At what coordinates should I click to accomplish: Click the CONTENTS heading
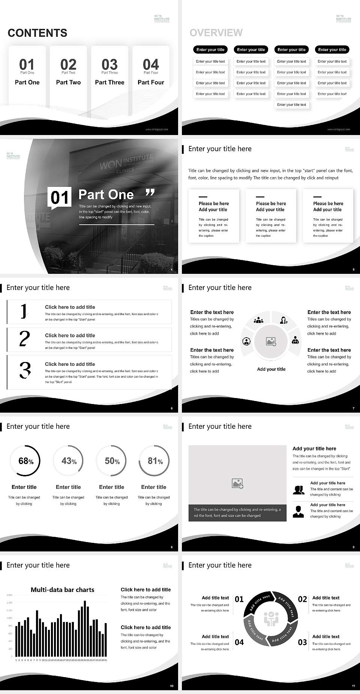(x=37, y=33)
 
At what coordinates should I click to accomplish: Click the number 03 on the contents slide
(x=109, y=64)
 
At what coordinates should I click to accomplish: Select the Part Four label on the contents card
(x=151, y=82)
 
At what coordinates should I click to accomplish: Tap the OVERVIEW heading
(x=216, y=33)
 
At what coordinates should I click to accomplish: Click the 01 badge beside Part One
(x=60, y=198)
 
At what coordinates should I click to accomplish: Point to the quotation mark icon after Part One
(x=150, y=193)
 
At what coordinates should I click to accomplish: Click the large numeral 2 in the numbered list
(x=24, y=339)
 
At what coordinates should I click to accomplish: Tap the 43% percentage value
(x=69, y=461)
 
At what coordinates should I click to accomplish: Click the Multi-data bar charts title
(x=62, y=590)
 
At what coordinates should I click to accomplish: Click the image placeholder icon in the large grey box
(x=237, y=484)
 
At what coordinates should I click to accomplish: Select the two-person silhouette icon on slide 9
(x=298, y=490)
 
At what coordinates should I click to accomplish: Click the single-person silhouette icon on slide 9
(x=298, y=512)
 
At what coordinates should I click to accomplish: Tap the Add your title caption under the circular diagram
(x=271, y=369)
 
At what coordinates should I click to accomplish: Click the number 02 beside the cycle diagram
(x=302, y=599)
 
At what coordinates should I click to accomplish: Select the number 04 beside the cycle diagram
(x=239, y=642)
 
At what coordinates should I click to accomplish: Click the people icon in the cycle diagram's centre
(x=271, y=619)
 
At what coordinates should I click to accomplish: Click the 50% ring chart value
(x=112, y=461)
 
